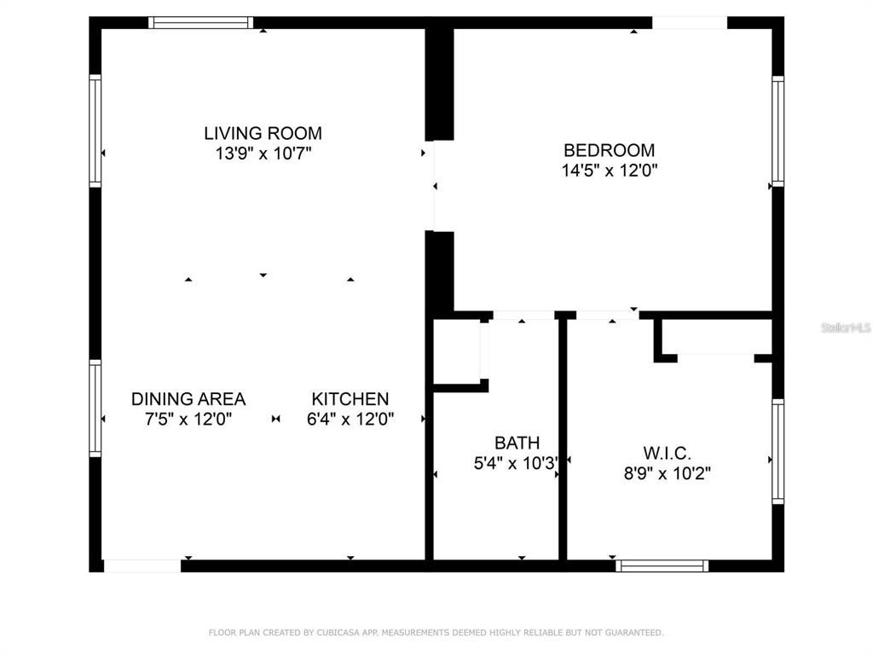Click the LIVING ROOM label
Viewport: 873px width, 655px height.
point(263,133)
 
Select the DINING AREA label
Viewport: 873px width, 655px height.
point(188,399)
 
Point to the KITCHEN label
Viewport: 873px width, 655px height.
point(350,399)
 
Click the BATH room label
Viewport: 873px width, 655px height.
point(517,443)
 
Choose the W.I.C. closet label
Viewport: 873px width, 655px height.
point(667,453)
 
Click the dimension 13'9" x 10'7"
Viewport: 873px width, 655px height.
point(263,154)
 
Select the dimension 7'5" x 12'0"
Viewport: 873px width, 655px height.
point(188,420)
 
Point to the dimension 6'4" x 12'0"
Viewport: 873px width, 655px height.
point(350,420)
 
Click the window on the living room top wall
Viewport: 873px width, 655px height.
point(201,22)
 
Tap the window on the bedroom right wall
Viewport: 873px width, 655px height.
point(778,131)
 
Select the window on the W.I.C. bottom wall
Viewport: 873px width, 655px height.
point(662,565)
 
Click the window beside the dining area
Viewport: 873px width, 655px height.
point(95,408)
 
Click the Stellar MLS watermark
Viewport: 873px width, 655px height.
point(846,327)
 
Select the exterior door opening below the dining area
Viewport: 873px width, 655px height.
point(142,565)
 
